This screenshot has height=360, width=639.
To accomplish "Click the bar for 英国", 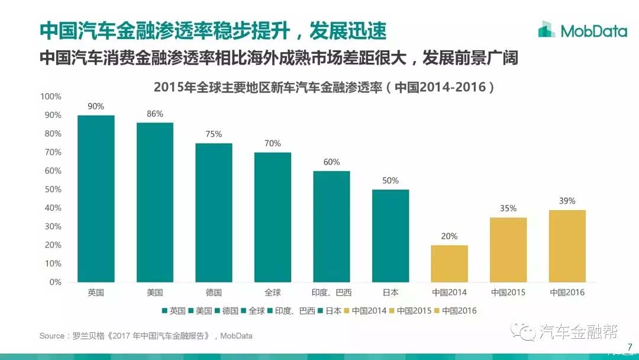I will pos(96,198).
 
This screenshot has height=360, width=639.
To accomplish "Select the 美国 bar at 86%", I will pos(155,202).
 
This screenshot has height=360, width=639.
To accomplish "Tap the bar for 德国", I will pos(214,212).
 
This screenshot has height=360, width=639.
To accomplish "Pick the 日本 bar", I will pos(390,236).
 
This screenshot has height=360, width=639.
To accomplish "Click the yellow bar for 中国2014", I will pos(449,263).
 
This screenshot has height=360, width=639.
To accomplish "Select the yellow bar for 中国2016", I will pos(567,246).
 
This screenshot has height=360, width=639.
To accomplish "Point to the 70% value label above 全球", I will pos(273,143).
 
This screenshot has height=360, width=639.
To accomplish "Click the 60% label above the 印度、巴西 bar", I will pos(331,162).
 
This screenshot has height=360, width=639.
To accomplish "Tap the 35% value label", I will pos(508,208).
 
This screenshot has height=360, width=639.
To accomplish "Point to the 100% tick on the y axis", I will pos(51,97).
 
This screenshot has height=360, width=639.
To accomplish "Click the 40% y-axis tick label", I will pos(53,208).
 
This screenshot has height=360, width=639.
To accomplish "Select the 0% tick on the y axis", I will pos(55,282).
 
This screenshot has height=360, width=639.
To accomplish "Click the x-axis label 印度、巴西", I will pos(331,292).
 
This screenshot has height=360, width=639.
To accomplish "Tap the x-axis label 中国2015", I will pos(508,292).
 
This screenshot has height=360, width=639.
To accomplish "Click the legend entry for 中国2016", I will pos(456,310).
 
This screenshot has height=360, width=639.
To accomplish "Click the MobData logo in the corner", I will pos(582,30).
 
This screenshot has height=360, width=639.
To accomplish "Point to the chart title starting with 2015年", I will pos(324,88).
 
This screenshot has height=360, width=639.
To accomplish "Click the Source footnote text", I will pos(146,336).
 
